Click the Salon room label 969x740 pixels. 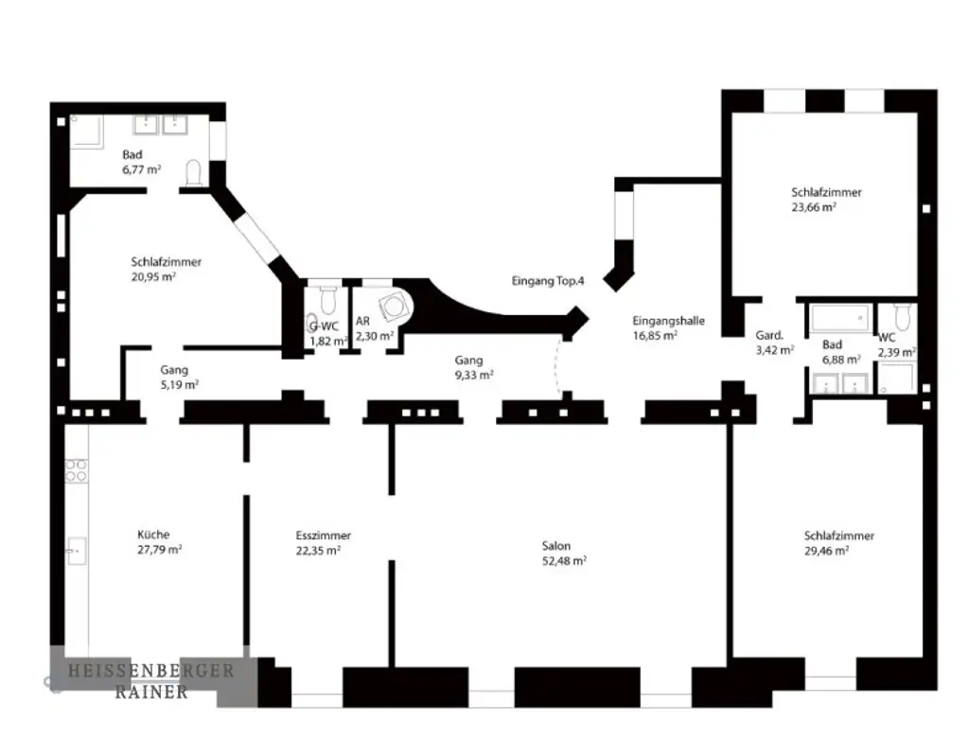pos(555,546)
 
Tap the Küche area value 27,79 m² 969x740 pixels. pos(159,549)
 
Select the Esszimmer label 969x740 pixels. pos(323,536)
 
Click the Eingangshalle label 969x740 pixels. pos(668,321)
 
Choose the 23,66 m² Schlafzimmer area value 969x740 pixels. pos(814,206)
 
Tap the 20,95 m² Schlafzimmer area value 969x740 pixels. pos(153,276)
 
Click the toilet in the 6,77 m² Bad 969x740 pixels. pos(194,171)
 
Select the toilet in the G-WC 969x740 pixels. pos(327,299)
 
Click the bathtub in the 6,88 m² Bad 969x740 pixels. pos(840,316)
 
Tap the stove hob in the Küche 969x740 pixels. pos(76,470)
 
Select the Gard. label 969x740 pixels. pos(768,335)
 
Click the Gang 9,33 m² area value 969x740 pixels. pos(473,375)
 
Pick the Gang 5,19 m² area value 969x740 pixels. pos(179,385)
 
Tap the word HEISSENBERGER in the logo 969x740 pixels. pos(150,671)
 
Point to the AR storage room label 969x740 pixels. pos(362,322)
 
